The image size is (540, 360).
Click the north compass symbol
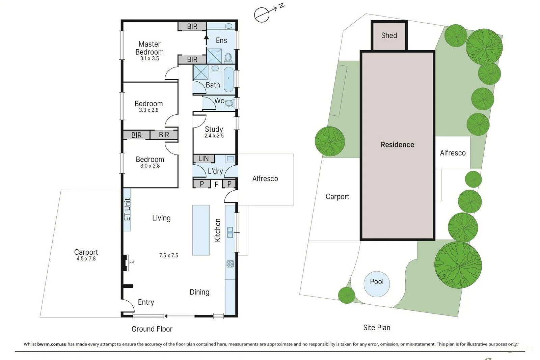coord(262,15)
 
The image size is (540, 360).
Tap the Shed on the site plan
coord(389,35)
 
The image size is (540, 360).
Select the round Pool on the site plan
coord(377,284)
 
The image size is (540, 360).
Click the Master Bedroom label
coord(150,48)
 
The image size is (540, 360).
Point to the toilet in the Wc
coord(230,103)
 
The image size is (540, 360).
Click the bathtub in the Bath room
coord(228,79)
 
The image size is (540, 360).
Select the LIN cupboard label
coord(204,159)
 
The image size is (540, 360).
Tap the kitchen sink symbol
coord(230,232)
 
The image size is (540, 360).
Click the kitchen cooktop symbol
coord(230,264)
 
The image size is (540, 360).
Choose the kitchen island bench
coord(201,230)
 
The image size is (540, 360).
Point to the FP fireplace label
coord(132,262)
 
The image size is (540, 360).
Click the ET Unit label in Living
coord(127,210)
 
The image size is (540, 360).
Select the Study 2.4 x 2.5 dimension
coord(214,136)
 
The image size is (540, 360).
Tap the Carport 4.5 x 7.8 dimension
coord(86,259)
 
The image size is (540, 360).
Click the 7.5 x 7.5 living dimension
coord(169,255)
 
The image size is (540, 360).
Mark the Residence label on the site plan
coord(397,145)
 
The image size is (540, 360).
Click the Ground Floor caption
coord(152,329)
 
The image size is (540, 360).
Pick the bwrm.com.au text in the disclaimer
coord(52,344)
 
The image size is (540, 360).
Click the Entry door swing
coord(128,305)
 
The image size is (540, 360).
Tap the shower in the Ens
coord(214,56)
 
